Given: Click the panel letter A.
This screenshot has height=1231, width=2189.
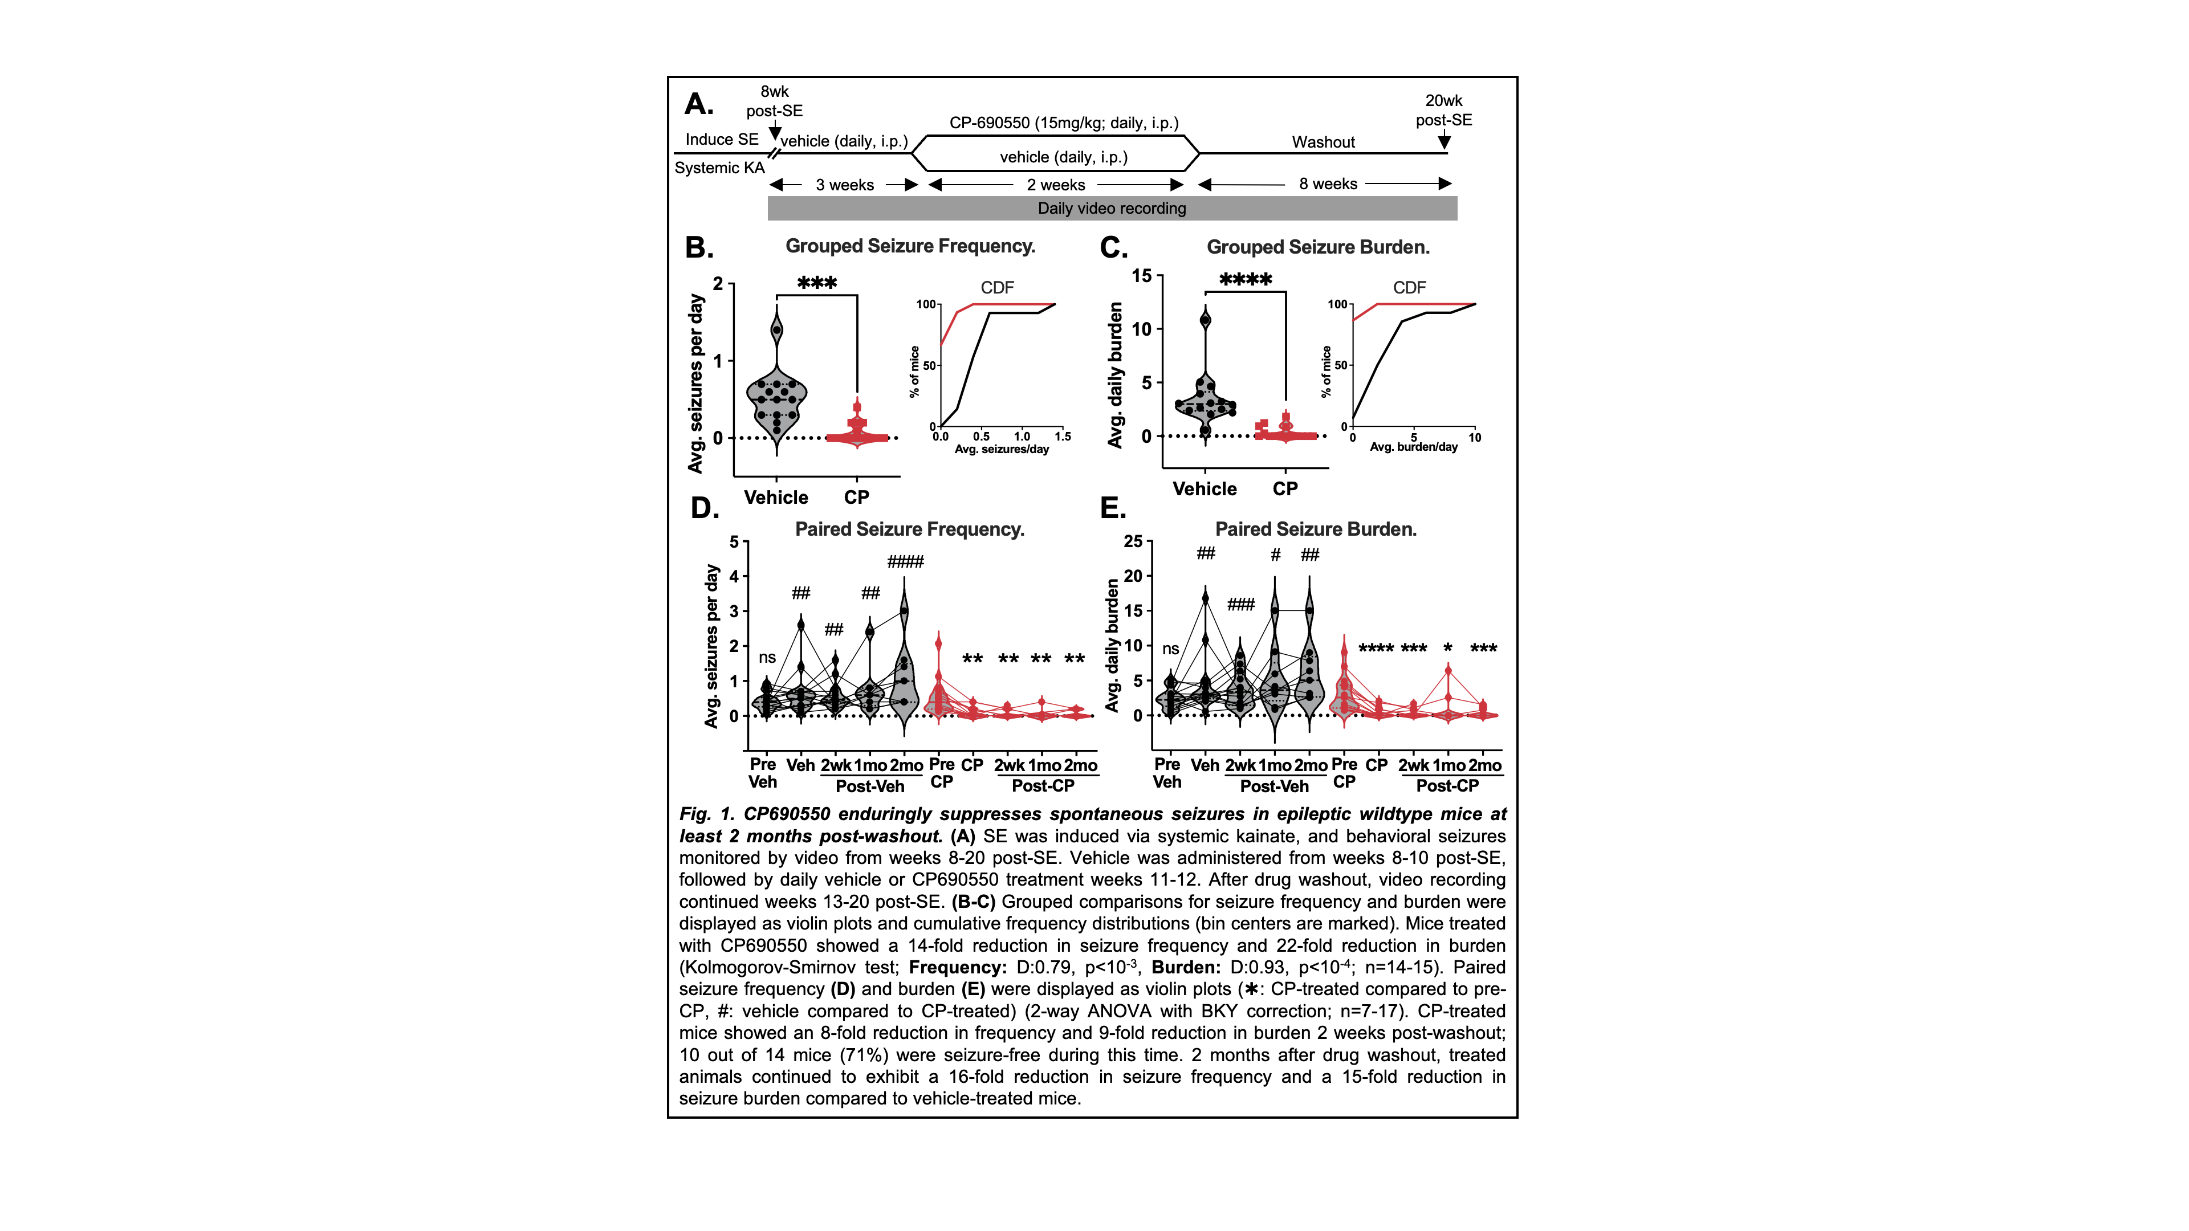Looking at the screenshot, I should pos(698,104).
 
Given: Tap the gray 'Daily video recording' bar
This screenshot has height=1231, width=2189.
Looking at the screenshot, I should pos(1112,208).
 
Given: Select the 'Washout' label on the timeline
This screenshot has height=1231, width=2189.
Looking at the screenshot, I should pos(1323,142).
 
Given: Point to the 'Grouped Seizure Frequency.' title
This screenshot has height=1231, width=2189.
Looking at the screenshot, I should pos(909,246).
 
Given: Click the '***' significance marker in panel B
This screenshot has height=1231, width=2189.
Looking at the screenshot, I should pos(817,283).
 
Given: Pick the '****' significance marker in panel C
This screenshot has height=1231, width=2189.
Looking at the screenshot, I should pos(1245,279).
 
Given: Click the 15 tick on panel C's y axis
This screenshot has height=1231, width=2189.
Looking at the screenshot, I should pos(1141,276).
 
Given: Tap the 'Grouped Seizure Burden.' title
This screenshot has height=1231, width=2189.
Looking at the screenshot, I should pos(1317,247).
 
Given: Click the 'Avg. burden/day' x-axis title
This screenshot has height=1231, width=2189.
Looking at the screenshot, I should pos(1413,447).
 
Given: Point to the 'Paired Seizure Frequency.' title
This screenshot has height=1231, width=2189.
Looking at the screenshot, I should pos(909,529).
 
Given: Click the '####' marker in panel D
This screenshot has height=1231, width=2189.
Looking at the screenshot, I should pos(905,561).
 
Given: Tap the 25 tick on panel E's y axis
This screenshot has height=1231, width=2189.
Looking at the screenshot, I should pos(1133,542).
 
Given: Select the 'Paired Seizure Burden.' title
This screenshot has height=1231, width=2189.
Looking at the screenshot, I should pos(1316,529).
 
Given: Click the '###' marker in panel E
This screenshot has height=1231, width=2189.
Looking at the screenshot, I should pos(1240,605).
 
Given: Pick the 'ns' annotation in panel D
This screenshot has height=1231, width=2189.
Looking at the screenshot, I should pos(767,658).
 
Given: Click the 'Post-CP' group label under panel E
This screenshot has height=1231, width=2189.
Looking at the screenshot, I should pos(1447,786).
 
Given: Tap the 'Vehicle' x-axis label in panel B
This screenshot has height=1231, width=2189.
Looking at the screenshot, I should pos(776,498).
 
